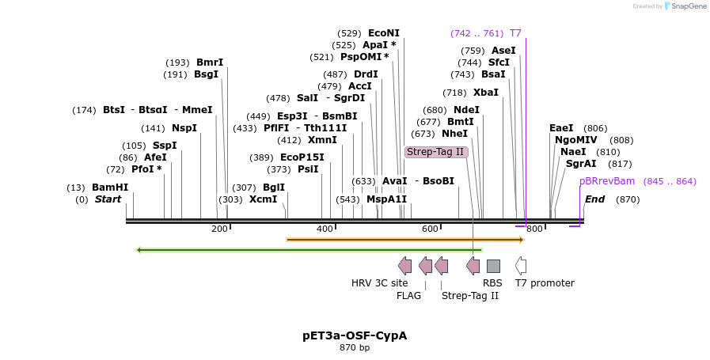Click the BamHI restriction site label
click(x=110, y=188)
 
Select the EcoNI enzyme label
click(x=384, y=33)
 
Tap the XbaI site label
click(x=487, y=93)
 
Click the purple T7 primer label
click(x=515, y=33)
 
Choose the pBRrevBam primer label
click(x=607, y=181)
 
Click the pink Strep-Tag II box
click(x=435, y=152)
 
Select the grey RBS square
click(x=493, y=266)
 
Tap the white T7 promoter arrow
click(x=521, y=266)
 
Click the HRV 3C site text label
click(x=380, y=283)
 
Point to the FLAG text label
click(x=409, y=296)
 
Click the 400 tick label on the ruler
click(x=325, y=229)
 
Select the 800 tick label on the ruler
click(x=534, y=229)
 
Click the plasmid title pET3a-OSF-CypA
click(x=355, y=335)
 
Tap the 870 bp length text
click(x=355, y=347)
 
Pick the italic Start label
click(x=108, y=199)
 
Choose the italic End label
click(x=594, y=199)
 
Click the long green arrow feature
click(x=309, y=250)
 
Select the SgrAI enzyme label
click(x=581, y=164)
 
